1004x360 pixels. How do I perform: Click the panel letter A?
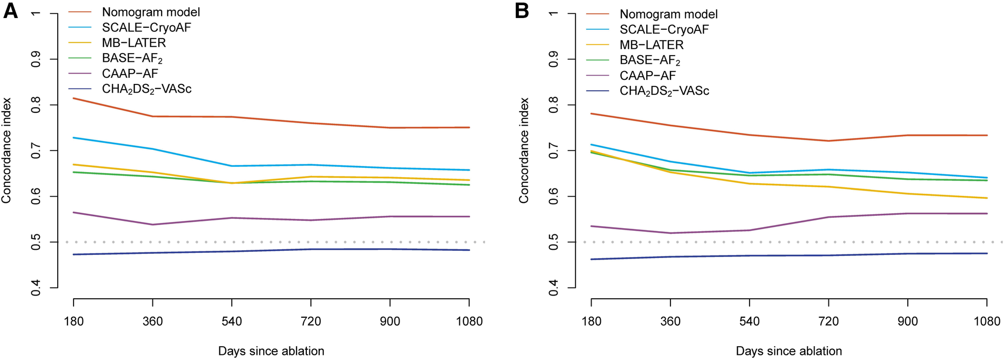pyautogui.click(x=10, y=11)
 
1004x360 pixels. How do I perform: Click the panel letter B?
pyautogui.click(x=522, y=11)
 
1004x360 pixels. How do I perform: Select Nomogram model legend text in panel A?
pyautogui.click(x=151, y=12)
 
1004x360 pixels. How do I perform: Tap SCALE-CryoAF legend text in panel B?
pyautogui.click(x=664, y=29)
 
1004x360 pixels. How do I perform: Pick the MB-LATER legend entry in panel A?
pyautogui.click(x=134, y=43)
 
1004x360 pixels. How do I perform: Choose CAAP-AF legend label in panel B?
pyautogui.click(x=648, y=76)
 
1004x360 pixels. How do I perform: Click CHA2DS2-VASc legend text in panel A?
pyautogui.click(x=147, y=89)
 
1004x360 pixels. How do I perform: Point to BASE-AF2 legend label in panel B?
pyautogui.click(x=650, y=60)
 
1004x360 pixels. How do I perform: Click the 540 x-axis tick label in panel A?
pyautogui.click(x=232, y=322)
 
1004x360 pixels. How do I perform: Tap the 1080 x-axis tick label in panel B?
pyautogui.click(x=986, y=322)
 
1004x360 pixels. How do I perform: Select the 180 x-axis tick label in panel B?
pyautogui.click(x=591, y=322)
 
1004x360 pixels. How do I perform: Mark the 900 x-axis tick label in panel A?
pyautogui.click(x=390, y=322)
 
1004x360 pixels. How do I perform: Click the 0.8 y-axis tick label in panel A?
pyautogui.click(x=36, y=105)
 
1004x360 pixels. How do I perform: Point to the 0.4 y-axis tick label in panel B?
pyautogui.click(x=553, y=287)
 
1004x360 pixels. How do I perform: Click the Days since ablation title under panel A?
pyautogui.click(x=271, y=351)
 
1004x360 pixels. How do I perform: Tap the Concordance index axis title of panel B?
pyautogui.click(x=524, y=150)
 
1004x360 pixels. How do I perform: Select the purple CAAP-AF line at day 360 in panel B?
pyautogui.click(x=670, y=233)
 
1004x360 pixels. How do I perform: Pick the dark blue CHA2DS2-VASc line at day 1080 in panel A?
pyautogui.click(x=469, y=250)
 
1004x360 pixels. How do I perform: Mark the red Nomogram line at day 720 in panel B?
pyautogui.click(x=828, y=141)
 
